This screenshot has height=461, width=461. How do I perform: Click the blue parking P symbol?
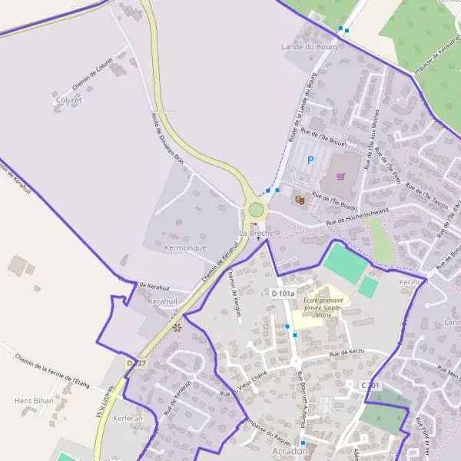point(310,161)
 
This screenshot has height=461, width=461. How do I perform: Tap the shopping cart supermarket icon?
point(340,176)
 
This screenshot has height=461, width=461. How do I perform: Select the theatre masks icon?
point(299,199)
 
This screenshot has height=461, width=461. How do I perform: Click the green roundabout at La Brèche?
point(256,210)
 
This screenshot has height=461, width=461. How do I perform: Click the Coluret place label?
point(68,100)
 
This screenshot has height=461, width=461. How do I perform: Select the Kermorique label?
point(186,248)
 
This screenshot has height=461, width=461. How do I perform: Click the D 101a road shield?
point(283,294)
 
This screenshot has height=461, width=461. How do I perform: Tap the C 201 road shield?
point(370,385)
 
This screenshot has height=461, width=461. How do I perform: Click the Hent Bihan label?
point(33,400)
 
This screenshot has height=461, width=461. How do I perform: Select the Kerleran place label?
point(128,419)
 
